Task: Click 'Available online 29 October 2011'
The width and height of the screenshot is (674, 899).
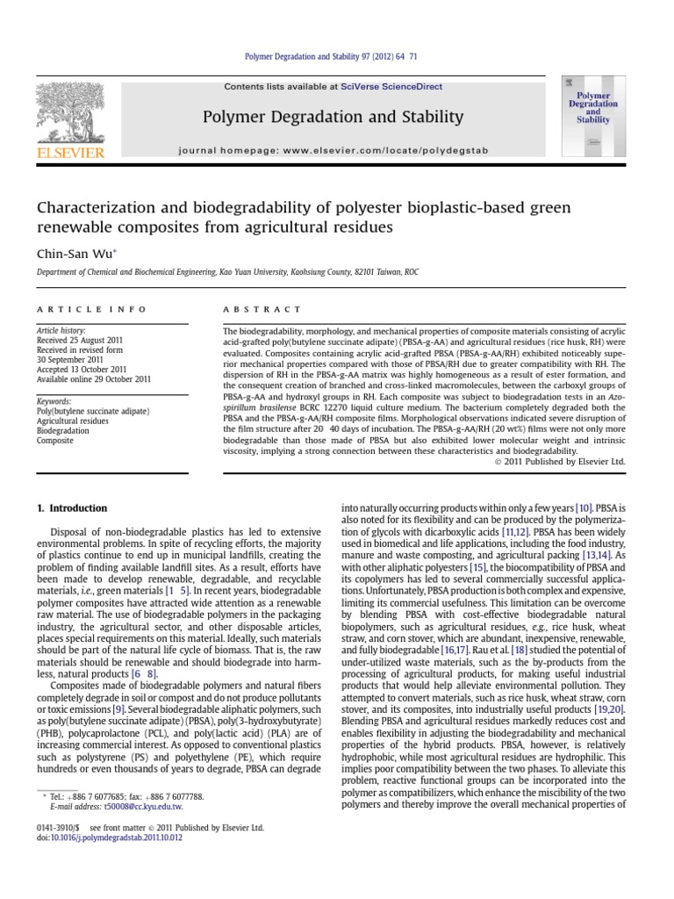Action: tap(93, 379)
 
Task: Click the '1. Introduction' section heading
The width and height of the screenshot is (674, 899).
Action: tap(72, 508)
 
